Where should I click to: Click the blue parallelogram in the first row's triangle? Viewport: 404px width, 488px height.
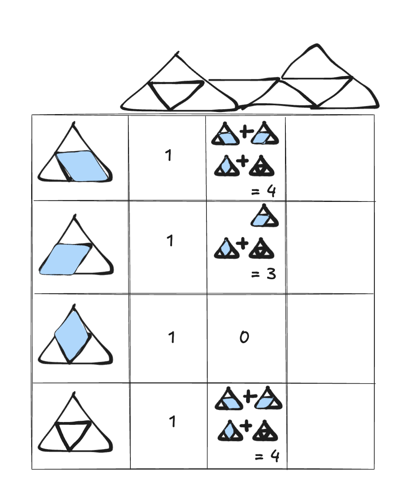click(83, 165)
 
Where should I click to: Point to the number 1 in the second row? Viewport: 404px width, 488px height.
click(170, 241)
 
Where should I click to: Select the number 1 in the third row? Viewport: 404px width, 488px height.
click(172, 337)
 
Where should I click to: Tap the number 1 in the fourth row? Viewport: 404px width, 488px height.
click(172, 422)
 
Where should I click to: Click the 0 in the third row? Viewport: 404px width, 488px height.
click(244, 337)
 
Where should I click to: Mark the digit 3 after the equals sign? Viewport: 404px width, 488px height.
click(271, 274)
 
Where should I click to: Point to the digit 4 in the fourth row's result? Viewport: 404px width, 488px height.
click(274, 457)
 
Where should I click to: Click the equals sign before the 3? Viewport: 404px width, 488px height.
click(255, 274)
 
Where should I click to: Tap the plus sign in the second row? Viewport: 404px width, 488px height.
click(242, 243)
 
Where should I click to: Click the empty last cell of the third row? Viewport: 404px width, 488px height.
click(330, 338)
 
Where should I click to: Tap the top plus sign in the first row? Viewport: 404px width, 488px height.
click(245, 131)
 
